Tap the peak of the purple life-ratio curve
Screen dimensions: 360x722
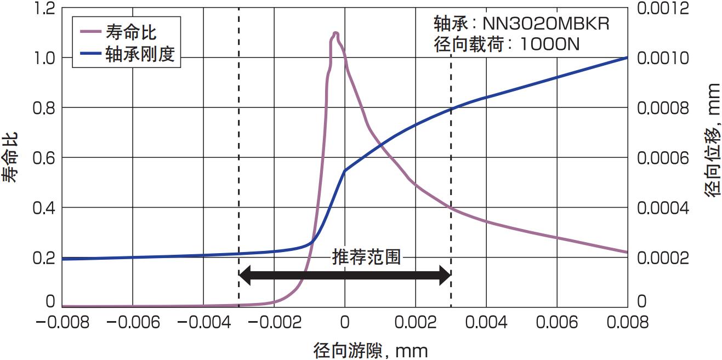(x=335, y=33)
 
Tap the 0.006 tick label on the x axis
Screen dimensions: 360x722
(x=556, y=322)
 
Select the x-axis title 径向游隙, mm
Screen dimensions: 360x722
(x=371, y=350)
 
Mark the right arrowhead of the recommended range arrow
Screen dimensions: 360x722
(x=445, y=275)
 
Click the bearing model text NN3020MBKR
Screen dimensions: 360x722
(x=546, y=24)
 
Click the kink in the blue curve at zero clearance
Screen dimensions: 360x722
(x=344, y=170)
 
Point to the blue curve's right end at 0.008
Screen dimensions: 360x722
(x=627, y=58)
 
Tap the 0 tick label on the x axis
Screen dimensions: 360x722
(x=345, y=322)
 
